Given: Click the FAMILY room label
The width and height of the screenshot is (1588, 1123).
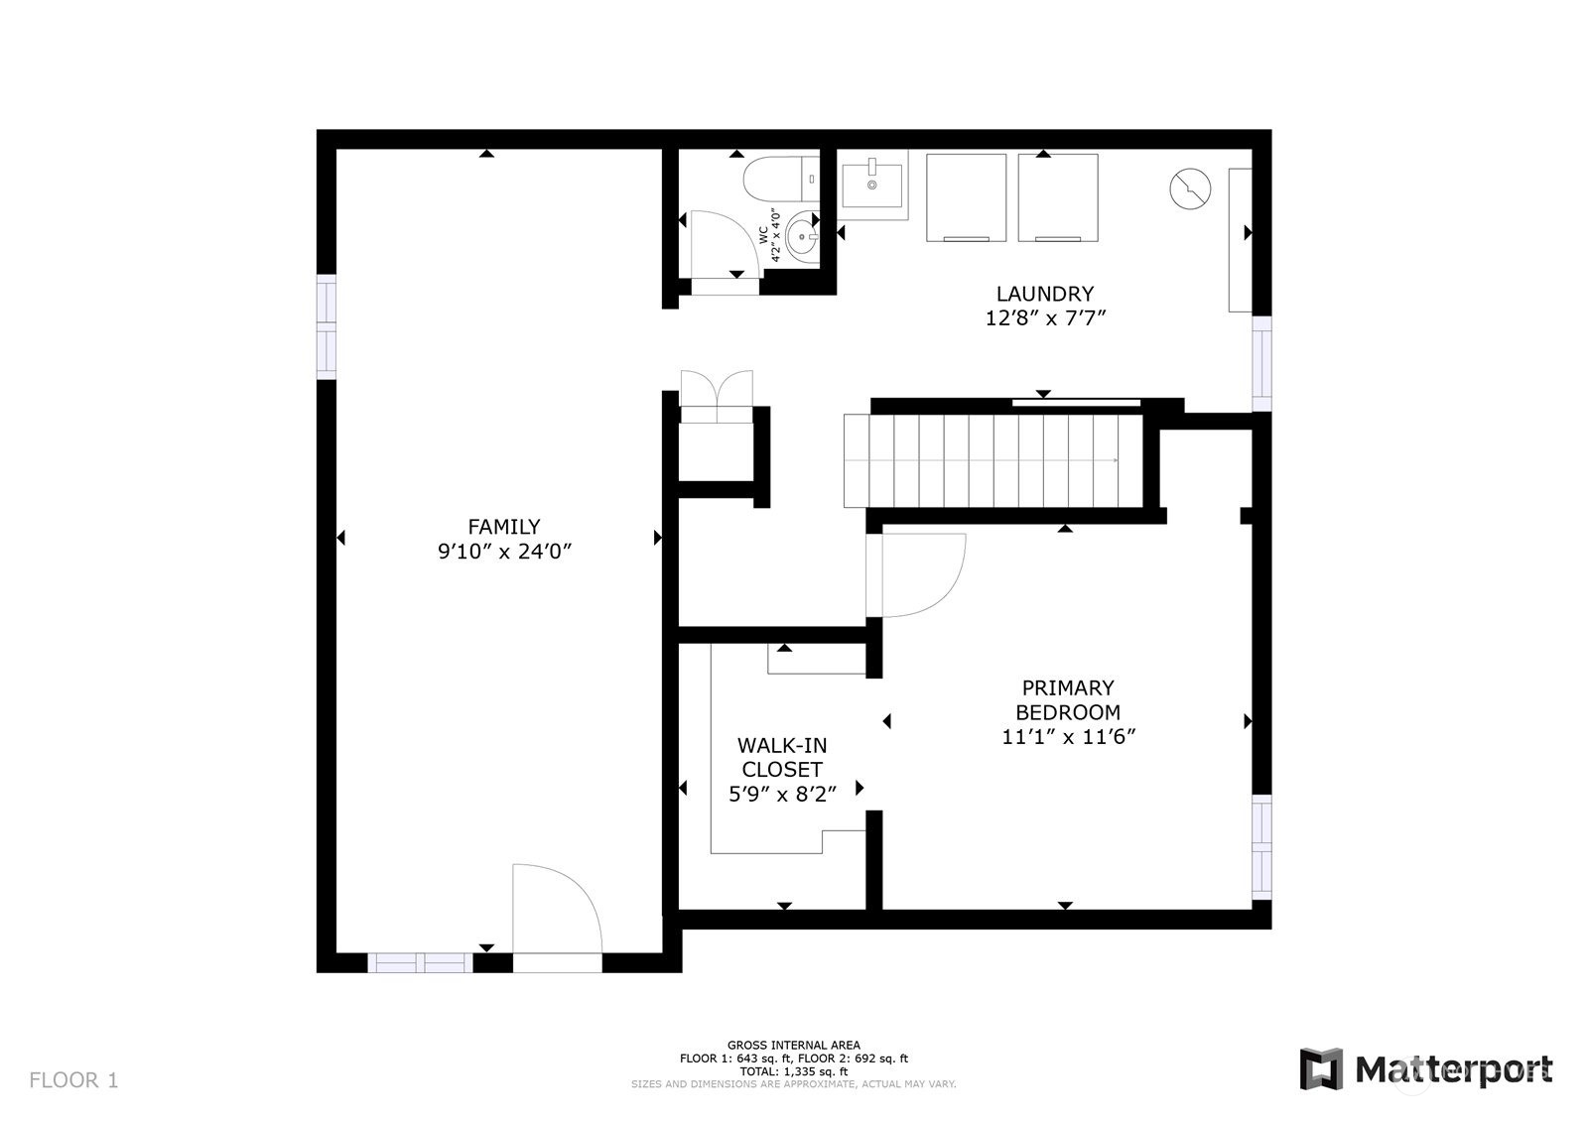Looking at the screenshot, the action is pyautogui.click(x=504, y=527).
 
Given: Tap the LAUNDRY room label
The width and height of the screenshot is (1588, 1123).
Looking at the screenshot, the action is pyautogui.click(x=1045, y=294).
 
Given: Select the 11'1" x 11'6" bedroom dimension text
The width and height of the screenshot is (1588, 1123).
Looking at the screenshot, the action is pyautogui.click(x=1068, y=737).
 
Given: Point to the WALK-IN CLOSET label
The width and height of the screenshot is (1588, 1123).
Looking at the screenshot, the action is pyautogui.click(x=782, y=757).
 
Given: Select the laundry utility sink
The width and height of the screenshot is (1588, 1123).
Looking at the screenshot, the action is pyautogui.click(x=872, y=185).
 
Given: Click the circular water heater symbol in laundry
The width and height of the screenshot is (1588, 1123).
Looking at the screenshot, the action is pyautogui.click(x=1190, y=188).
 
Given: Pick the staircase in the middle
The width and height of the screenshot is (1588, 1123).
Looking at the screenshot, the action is pyautogui.click(x=992, y=460).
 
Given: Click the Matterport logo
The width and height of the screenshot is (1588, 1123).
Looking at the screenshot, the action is pyautogui.click(x=1425, y=1069).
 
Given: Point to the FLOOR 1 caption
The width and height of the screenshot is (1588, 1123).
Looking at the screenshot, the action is pyautogui.click(x=73, y=1079).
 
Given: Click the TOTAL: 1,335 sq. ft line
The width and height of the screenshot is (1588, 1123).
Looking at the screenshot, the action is pyautogui.click(x=794, y=1072).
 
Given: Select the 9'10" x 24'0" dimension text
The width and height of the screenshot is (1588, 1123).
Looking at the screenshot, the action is pyautogui.click(x=505, y=552).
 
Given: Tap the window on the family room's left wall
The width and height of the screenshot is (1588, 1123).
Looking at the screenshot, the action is pyautogui.click(x=327, y=326).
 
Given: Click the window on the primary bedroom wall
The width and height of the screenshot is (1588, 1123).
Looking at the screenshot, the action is pyautogui.click(x=1261, y=846).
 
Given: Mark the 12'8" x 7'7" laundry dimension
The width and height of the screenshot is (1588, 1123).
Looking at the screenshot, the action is pyautogui.click(x=1046, y=318).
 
